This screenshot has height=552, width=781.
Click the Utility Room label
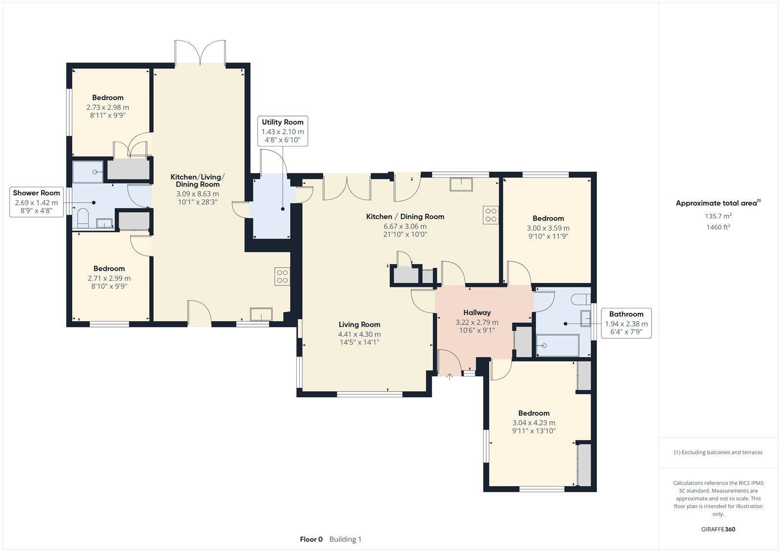click(283, 122)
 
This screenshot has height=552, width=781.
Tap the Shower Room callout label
click(36, 193)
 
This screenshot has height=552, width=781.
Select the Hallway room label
click(477, 312)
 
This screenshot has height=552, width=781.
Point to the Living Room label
click(359, 324)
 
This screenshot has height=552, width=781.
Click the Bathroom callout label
click(626, 314)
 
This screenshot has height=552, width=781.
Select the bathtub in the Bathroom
click(558, 345)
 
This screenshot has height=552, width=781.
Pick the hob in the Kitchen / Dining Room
click(491, 215)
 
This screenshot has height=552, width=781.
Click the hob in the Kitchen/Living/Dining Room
click(282, 276)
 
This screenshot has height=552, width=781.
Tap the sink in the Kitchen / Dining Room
click(461, 184)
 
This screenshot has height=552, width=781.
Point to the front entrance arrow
click(450, 376)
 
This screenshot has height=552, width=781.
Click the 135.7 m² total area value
click(718, 216)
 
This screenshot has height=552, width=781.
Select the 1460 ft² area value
click(718, 227)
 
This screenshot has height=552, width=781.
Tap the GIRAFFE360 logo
click(718, 529)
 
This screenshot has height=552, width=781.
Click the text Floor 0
click(311, 539)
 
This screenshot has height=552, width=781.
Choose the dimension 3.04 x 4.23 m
click(534, 423)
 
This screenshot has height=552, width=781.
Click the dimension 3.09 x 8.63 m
click(197, 194)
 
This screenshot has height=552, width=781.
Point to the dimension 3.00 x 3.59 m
click(548, 228)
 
